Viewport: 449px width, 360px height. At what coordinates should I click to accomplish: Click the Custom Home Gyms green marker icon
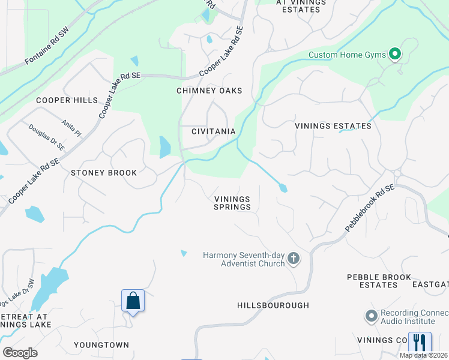point(394,55)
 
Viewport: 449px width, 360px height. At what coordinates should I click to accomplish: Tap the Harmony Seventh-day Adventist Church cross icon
point(293,259)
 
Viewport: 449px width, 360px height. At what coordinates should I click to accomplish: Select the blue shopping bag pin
point(133,301)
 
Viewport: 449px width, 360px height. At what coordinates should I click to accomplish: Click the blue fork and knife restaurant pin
point(419,343)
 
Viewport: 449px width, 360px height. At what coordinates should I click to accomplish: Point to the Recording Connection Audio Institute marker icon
point(371,316)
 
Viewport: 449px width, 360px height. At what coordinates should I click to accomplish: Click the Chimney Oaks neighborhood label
point(209,91)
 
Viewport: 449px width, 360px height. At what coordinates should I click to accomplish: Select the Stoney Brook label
point(104,172)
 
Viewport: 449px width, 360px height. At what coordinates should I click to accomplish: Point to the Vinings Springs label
point(232,203)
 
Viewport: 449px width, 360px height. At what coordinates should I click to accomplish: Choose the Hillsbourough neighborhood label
point(273,305)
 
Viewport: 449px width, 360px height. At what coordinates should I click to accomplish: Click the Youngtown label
point(101,345)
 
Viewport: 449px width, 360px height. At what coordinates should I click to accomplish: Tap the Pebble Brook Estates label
point(379,281)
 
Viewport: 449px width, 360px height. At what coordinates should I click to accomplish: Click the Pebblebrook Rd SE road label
point(370,208)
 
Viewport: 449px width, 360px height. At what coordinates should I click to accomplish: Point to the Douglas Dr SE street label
point(46,137)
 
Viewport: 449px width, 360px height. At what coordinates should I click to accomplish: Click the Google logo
point(20,353)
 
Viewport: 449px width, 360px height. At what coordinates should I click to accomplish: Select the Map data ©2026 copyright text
point(424,355)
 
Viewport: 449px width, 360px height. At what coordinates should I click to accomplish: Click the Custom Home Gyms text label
point(346,55)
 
